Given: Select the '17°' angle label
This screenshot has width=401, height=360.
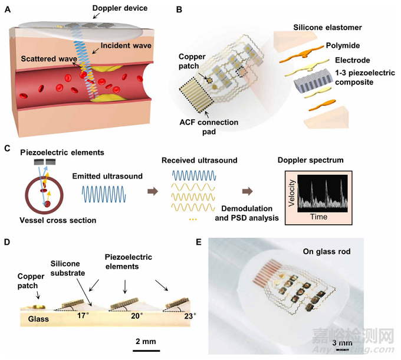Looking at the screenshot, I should coord(83,315).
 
